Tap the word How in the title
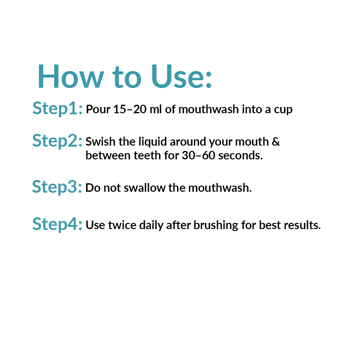click(x=71, y=76)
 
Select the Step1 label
click(x=57, y=109)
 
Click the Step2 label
click(x=57, y=141)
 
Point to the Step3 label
click(x=57, y=187)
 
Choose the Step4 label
click(x=57, y=224)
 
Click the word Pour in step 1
click(x=98, y=109)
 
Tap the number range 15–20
click(x=130, y=109)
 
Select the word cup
click(x=283, y=110)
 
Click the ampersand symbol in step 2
click(x=276, y=141)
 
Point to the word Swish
click(x=100, y=141)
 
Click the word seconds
click(x=241, y=155)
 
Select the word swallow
click(x=145, y=188)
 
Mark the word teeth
click(x=147, y=155)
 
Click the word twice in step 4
click(x=122, y=225)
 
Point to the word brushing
click(x=216, y=225)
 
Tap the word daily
click(x=151, y=225)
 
